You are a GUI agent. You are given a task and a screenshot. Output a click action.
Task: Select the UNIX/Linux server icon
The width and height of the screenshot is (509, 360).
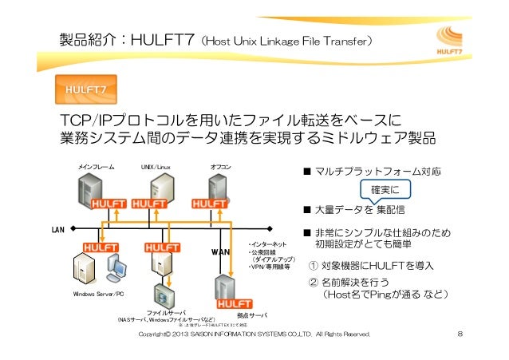157,188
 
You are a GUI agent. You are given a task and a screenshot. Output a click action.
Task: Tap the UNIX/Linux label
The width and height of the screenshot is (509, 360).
156,168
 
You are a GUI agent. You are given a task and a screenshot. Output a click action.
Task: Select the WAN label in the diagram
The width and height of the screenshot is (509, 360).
220,253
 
